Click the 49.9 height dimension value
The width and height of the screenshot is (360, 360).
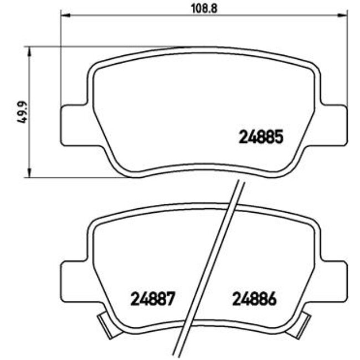(x=23, y=112)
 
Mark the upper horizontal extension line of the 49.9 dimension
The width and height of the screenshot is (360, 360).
(x=66, y=47)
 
